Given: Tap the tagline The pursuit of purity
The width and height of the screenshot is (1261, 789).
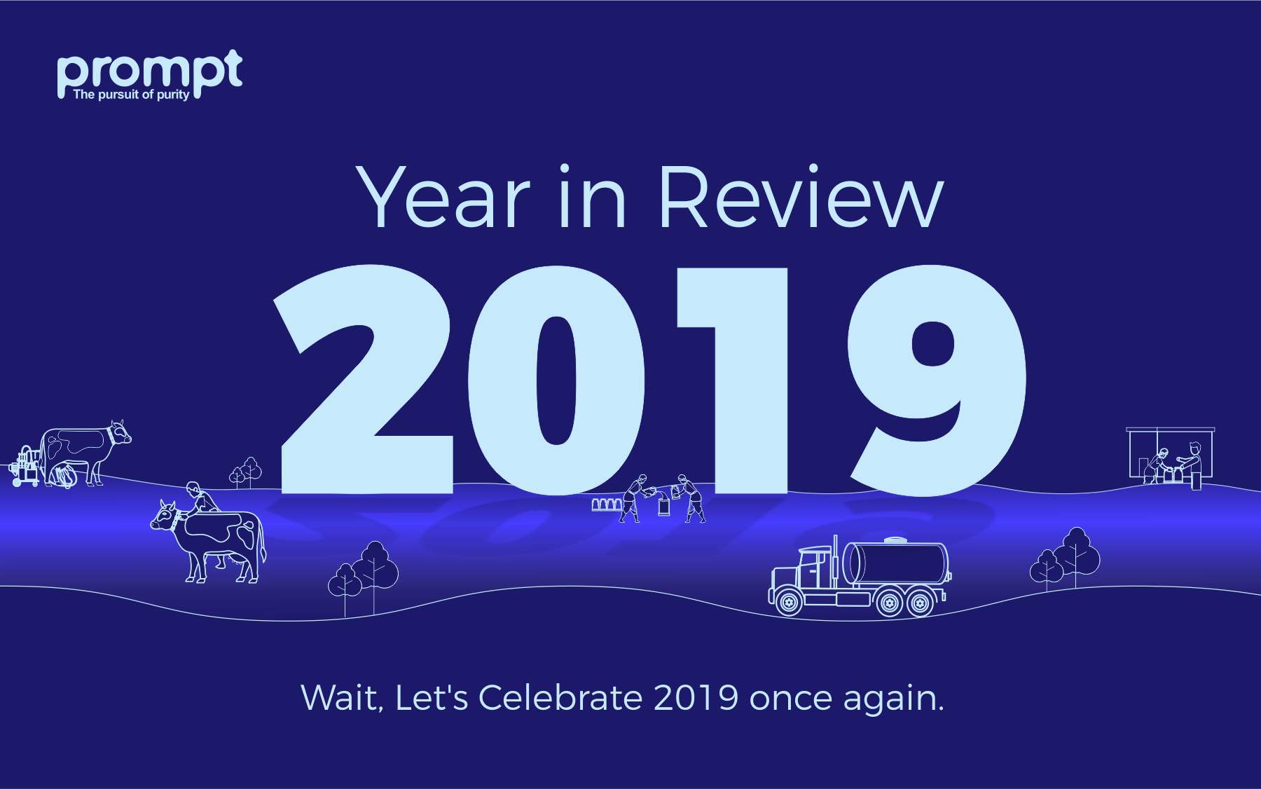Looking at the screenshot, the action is (131, 95).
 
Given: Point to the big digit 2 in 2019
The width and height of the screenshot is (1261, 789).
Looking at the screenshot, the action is (364, 379).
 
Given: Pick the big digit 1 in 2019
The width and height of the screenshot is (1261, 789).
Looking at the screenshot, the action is (732, 379).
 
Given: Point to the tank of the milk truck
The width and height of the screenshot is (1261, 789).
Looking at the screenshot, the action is (896, 563).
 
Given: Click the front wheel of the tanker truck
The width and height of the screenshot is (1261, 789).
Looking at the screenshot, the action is (789, 602).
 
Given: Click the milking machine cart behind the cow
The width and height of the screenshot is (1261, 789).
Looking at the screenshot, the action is (26, 467).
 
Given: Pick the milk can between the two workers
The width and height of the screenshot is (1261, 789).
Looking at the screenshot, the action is (663, 506).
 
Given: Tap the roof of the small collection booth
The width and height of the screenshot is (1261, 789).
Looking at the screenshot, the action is (1170, 430).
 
